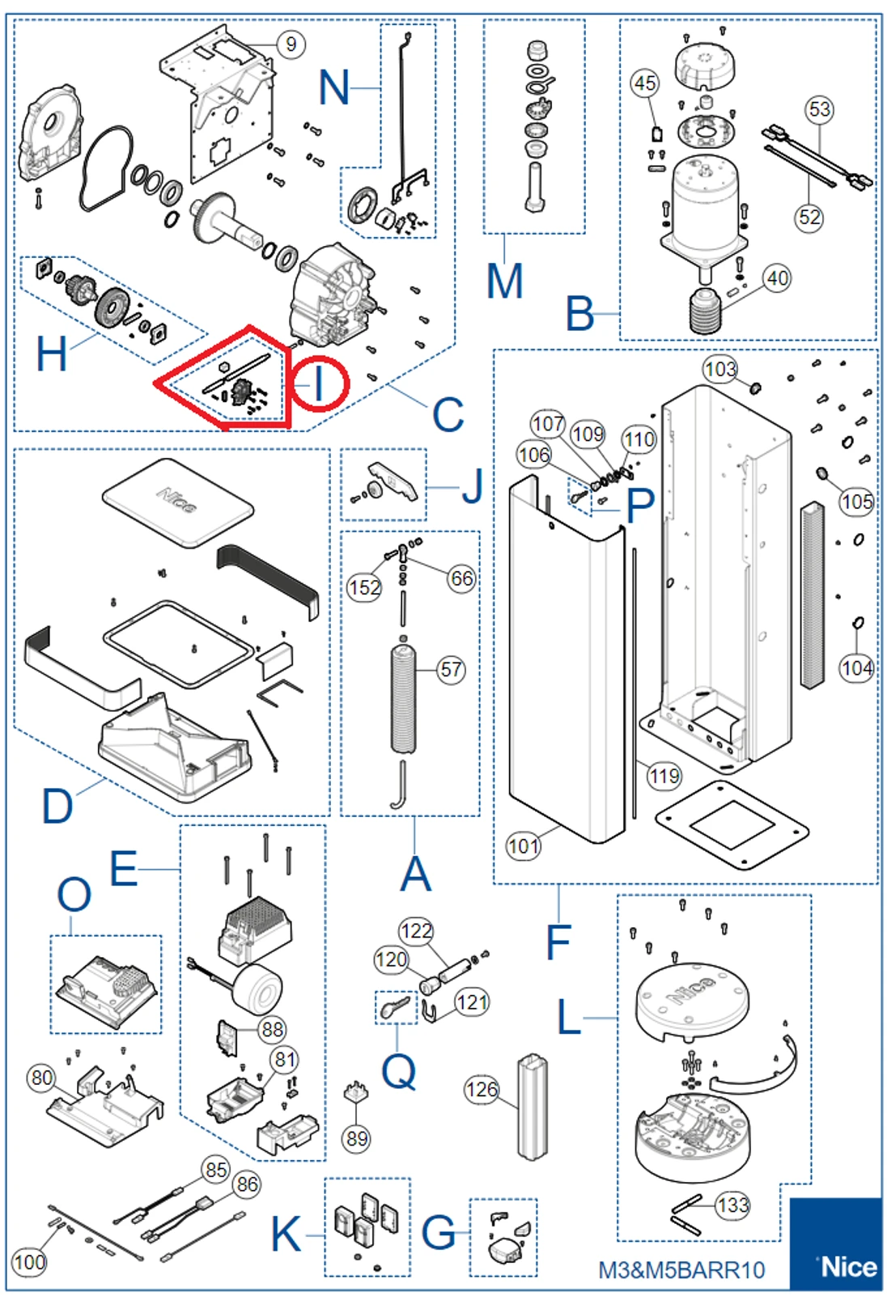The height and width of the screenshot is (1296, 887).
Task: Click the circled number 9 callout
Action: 291,44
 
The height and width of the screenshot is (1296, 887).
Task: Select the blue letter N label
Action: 334,87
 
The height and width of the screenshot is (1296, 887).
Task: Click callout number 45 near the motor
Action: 645,83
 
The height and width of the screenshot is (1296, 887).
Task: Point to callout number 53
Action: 819,109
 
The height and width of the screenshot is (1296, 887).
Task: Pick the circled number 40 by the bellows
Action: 777,278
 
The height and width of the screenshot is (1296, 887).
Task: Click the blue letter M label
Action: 504,282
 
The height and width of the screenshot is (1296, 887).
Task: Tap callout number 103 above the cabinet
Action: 719,370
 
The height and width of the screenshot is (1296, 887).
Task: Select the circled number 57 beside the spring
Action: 452,669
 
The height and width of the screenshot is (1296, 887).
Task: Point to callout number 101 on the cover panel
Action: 523,846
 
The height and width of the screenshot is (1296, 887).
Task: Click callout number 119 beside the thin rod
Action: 664,777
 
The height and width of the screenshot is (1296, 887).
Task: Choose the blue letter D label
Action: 57,807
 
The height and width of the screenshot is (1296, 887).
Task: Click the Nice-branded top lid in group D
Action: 178,502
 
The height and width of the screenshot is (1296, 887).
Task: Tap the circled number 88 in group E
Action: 273,1029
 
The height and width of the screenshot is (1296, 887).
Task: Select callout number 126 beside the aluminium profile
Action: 482,1090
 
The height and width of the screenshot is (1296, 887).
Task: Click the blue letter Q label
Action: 398,1071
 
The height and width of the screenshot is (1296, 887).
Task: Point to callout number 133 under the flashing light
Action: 732,1205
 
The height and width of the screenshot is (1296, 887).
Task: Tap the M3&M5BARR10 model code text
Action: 681,1270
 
